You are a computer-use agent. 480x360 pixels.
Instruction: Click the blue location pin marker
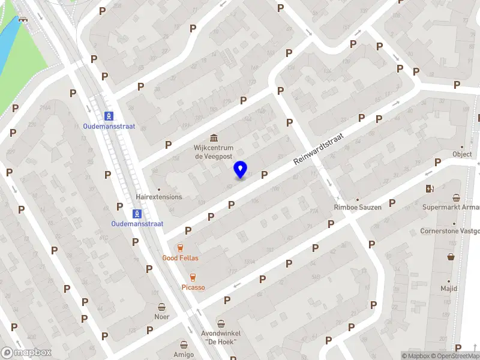click(x=240, y=170)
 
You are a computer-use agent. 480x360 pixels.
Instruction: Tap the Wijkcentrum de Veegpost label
click(x=213, y=152)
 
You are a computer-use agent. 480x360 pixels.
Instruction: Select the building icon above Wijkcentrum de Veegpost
click(x=213, y=137)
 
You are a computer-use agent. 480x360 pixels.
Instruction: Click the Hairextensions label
click(x=158, y=197)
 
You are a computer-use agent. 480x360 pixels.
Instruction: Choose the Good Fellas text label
click(x=180, y=258)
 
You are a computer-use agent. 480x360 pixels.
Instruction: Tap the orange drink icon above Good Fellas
click(x=179, y=247)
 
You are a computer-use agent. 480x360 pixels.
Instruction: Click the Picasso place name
click(x=193, y=287)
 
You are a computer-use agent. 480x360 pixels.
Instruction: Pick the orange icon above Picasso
click(x=193, y=277)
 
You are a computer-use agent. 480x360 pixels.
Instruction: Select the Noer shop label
click(x=161, y=317)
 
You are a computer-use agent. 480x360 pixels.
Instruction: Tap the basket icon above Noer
click(x=161, y=306)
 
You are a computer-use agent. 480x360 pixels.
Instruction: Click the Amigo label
click(x=184, y=355)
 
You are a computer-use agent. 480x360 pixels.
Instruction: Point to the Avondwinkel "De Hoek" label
click(x=221, y=338)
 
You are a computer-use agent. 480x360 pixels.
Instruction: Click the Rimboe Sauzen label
click(x=358, y=208)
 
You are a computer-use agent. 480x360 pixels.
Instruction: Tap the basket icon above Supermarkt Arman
click(x=457, y=197)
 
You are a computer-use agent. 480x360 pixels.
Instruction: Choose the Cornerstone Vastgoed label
click(x=449, y=230)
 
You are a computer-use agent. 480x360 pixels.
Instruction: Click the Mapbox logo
click(x=26, y=353)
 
